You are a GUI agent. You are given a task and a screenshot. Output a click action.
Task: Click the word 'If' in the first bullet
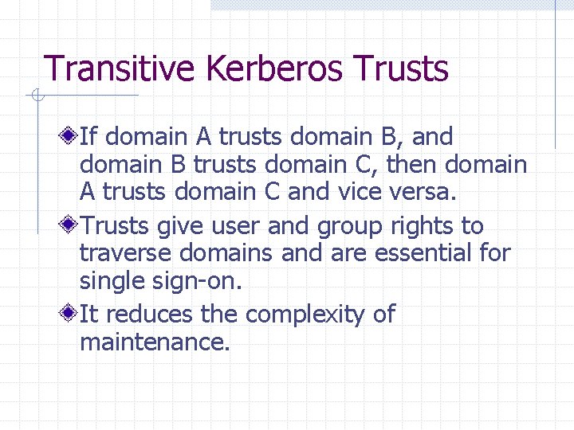coord(88,137)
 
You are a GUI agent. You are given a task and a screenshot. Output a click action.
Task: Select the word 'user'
coord(237,226)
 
